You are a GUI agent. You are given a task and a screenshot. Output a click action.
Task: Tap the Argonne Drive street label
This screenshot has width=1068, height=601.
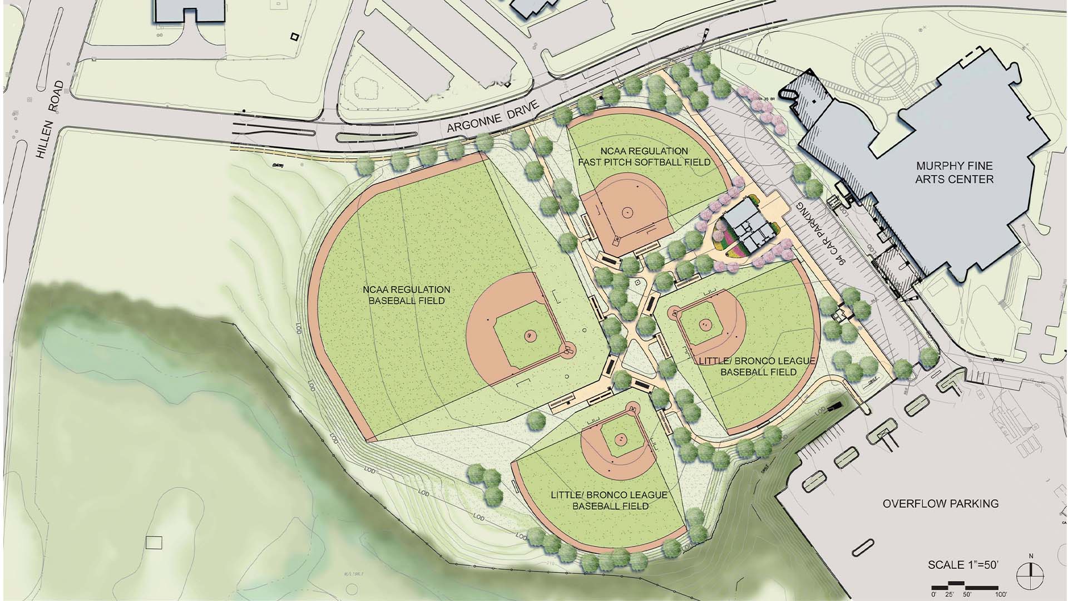point(493,116)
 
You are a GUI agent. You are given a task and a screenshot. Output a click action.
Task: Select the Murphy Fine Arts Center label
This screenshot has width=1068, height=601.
point(954,173)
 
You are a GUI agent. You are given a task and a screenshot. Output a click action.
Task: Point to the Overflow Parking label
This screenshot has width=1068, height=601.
point(941,504)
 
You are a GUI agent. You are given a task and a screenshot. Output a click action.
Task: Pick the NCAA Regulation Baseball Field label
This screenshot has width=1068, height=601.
point(407,295)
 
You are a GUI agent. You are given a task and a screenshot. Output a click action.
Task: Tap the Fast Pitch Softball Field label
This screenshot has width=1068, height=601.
point(644,156)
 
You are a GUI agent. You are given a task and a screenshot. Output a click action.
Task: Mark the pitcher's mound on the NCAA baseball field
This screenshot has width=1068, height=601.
point(529,336)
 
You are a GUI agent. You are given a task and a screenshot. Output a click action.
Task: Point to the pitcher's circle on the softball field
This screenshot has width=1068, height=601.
point(627,211)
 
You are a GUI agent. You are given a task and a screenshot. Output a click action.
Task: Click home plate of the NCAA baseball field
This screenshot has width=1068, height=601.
point(567,350)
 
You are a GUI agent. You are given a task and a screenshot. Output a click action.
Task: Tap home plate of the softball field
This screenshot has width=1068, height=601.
point(617,242)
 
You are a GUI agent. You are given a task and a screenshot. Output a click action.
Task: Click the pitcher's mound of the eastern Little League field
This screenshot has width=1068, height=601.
point(705,324)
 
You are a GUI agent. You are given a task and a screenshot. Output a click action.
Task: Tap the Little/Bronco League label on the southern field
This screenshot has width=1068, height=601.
point(610,500)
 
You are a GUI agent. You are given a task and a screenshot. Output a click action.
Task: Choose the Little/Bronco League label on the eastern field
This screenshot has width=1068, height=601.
point(758,366)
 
